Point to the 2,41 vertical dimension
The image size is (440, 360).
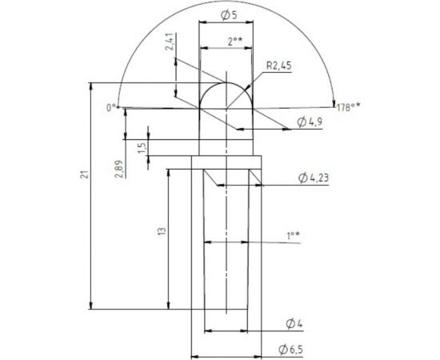[x=170, y=42]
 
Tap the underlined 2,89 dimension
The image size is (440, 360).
[x=118, y=169]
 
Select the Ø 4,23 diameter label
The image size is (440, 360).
[x=312, y=177]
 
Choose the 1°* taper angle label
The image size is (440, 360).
[x=293, y=235]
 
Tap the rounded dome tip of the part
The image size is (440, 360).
[x=226, y=80]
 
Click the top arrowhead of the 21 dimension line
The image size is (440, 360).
[x=94, y=85]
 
